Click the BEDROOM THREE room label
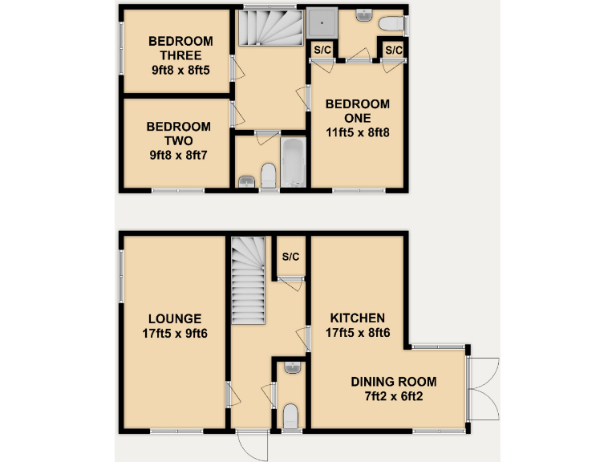pyautogui.click(x=180, y=49)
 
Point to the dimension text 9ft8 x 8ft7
pyautogui.click(x=179, y=154)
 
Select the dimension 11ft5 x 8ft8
pyautogui.click(x=357, y=134)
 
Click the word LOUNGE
pyautogui.click(x=174, y=318)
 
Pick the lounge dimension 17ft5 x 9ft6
pyautogui.click(x=174, y=334)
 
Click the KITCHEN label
pyautogui.click(x=355, y=318)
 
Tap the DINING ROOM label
pyautogui.click(x=393, y=382)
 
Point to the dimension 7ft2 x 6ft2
pyautogui.click(x=393, y=397)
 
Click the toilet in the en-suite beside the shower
pyautogui.click(x=392, y=25)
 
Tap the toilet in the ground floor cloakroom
pyautogui.click(x=290, y=416)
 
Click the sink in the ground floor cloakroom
pyautogui.click(x=291, y=368)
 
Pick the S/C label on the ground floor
pyautogui.click(x=290, y=257)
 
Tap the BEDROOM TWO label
pyautogui.click(x=179, y=133)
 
